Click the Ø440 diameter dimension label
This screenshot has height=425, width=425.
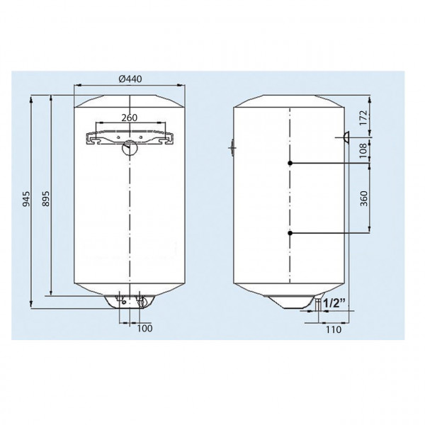130,79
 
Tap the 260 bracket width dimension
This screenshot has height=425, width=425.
130,118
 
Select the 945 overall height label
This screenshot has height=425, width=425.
26,199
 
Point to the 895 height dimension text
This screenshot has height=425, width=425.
46,198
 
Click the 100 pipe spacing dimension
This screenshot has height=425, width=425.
144,328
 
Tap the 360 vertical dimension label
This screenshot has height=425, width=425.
364,198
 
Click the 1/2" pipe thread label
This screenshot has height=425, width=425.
335,303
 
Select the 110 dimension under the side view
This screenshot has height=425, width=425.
334,329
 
